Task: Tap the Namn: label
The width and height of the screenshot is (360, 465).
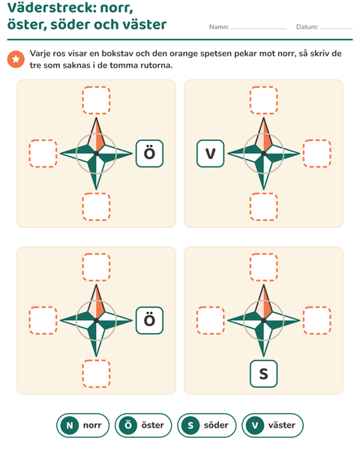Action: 219,27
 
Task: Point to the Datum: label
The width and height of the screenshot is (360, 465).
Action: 307,27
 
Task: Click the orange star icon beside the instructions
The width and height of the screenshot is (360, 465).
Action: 16,59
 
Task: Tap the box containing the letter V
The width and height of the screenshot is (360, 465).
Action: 210,154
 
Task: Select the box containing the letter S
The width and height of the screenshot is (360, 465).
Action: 263,373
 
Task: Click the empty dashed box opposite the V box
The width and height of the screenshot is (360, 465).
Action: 317,154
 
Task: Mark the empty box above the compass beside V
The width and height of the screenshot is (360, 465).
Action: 263,100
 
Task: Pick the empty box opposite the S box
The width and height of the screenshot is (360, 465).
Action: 263,267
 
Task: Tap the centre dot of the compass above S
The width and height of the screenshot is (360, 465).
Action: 263,320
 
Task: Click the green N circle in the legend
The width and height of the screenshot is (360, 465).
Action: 70,425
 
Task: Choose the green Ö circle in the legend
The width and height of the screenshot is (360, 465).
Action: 127,425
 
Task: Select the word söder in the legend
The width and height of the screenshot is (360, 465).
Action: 216,425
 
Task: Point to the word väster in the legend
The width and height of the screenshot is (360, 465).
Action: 282,425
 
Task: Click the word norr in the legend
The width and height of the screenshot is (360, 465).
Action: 92,425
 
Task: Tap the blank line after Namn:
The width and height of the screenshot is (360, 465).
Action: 259,28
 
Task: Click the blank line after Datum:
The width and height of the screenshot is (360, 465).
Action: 336,28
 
